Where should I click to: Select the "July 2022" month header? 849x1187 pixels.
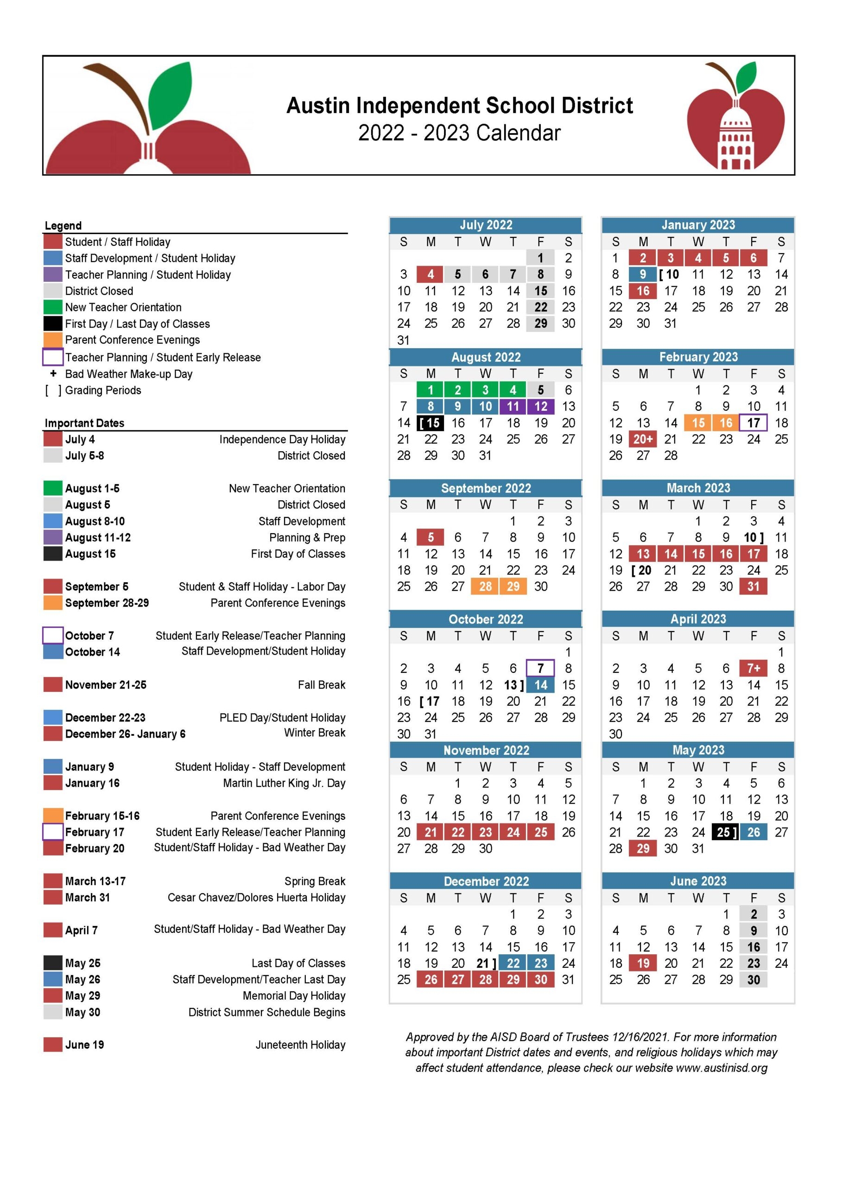click(x=485, y=225)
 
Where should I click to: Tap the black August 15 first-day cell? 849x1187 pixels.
click(x=430, y=422)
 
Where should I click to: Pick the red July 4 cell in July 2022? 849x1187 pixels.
click(x=430, y=274)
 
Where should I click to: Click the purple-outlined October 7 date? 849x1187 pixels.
click(x=540, y=668)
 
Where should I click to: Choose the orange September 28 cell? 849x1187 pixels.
click(x=485, y=586)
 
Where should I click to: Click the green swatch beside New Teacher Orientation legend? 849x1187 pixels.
click(x=53, y=307)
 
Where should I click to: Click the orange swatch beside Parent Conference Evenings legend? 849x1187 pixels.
click(x=53, y=340)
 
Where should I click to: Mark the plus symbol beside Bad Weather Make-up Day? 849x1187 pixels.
click(x=53, y=374)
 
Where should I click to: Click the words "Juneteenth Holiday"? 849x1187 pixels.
click(x=300, y=1045)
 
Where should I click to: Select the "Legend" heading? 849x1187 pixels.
click(x=63, y=225)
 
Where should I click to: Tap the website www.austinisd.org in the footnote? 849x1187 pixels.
click(x=722, y=1068)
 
